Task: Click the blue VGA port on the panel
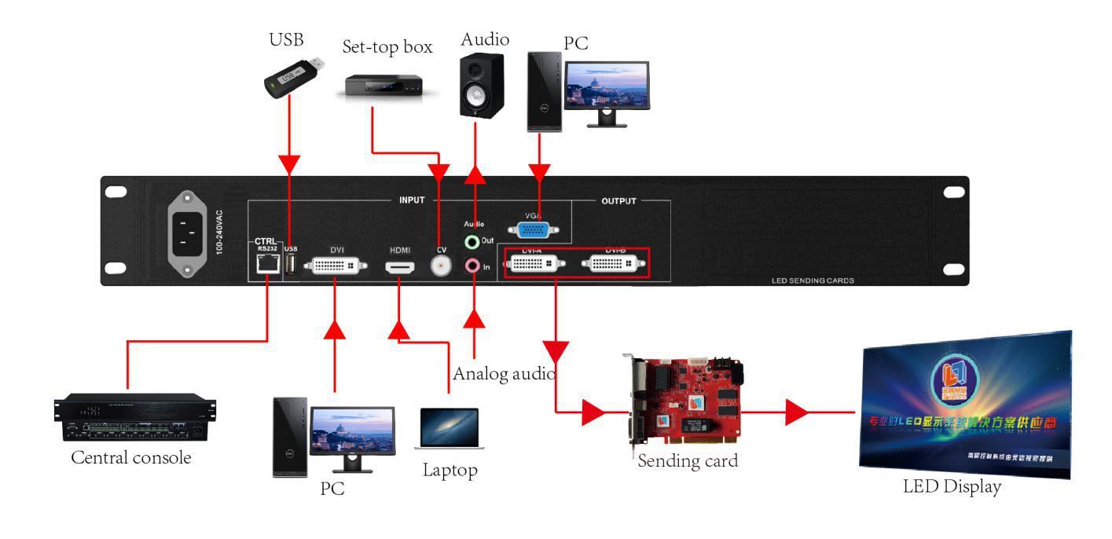[534, 230]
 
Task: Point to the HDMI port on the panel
[399, 267]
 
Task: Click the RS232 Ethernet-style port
[267, 266]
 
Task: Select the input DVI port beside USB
[336, 266]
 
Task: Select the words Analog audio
[505, 372]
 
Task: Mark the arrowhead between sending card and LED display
[797, 412]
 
